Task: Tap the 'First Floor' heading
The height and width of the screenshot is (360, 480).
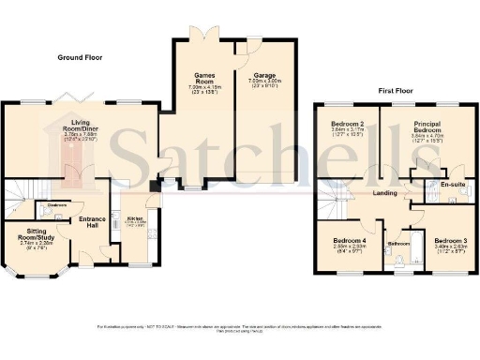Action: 397,91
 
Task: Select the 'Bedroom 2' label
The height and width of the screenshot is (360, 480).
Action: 347,124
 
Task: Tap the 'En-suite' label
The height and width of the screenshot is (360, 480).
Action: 452,185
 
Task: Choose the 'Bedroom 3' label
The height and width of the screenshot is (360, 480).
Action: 450,242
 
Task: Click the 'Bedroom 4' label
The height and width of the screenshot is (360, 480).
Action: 348,242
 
